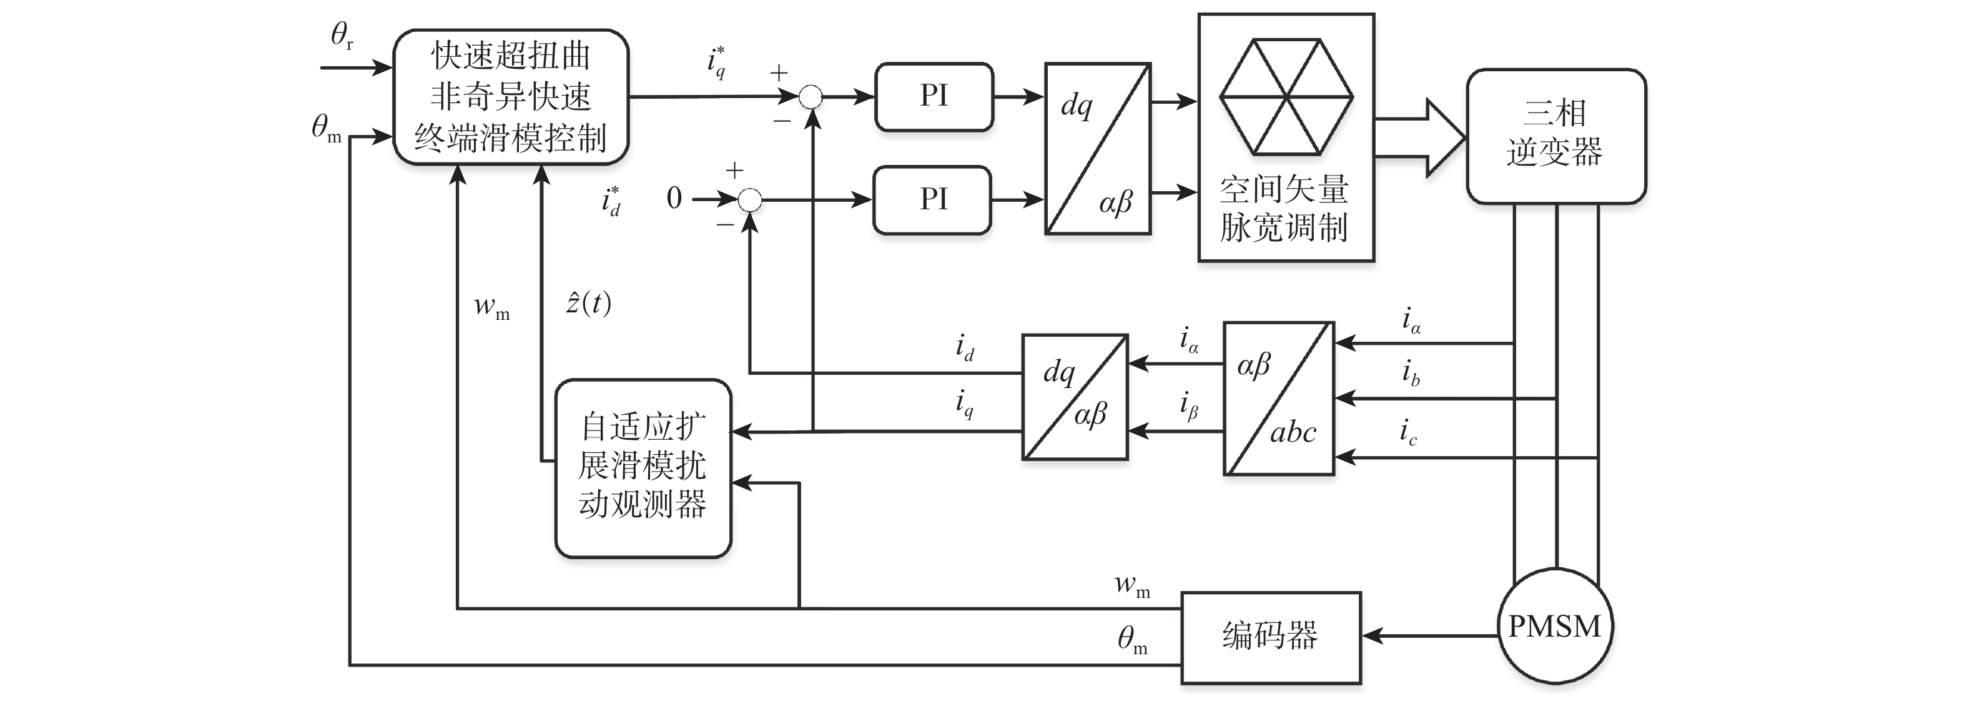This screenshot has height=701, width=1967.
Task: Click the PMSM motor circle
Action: (x=1555, y=627)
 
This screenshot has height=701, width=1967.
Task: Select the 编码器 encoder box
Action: (x=1271, y=637)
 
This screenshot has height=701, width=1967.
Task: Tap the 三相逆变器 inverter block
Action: (x=1555, y=136)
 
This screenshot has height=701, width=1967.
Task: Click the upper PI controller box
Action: (x=933, y=96)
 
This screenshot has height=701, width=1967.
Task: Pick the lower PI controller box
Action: (x=932, y=199)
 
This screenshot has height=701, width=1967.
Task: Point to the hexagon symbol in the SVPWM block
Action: (x=1286, y=97)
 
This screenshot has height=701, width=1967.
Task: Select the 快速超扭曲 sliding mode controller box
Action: (x=510, y=97)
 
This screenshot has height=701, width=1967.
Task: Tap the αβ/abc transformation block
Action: (x=1278, y=398)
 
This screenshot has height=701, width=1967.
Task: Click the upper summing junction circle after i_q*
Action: (x=810, y=97)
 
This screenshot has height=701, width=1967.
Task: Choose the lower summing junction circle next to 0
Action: (x=750, y=200)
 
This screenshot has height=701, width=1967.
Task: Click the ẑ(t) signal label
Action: (x=588, y=303)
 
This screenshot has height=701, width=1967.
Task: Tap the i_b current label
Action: (x=1409, y=374)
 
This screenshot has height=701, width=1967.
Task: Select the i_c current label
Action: (x=1408, y=433)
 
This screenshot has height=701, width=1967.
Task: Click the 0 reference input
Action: (x=674, y=199)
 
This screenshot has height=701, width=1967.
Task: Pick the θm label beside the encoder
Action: (x=1131, y=640)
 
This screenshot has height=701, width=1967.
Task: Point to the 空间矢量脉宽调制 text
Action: (x=1284, y=207)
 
